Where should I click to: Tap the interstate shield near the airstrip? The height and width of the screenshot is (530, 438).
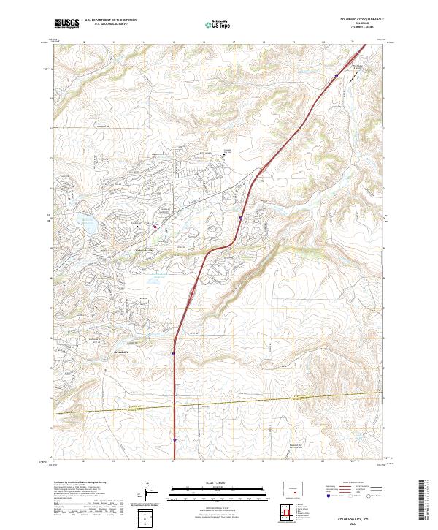tap(337, 76)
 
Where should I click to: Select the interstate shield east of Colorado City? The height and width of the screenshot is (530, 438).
tap(240, 218)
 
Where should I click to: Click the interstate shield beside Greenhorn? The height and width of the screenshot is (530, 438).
tap(174, 354)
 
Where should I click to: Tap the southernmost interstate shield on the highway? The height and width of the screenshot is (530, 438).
tap(175, 440)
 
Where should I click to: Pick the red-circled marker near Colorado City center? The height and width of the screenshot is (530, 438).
tap(155, 227)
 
